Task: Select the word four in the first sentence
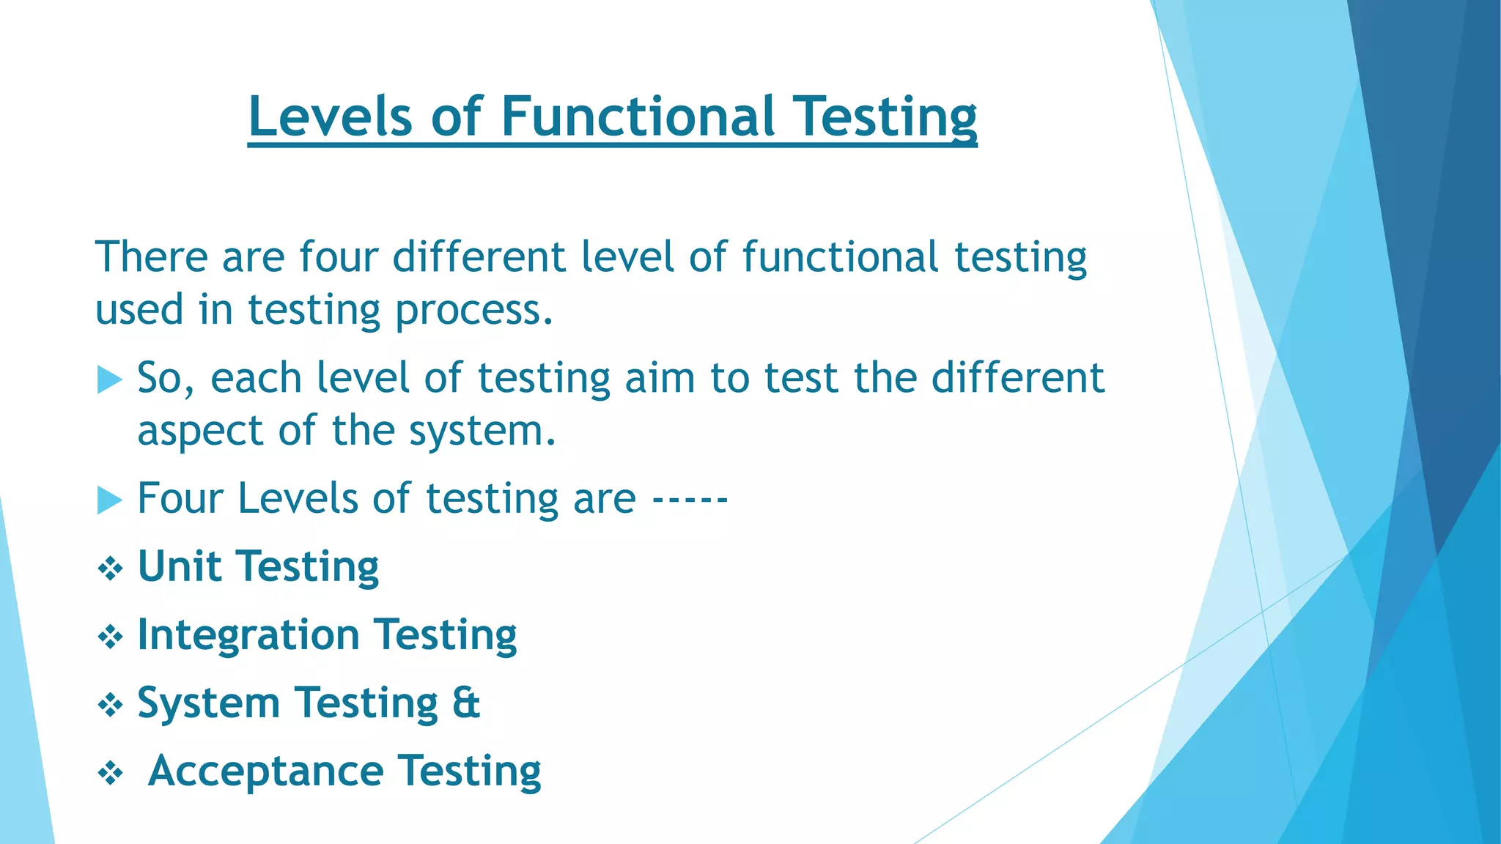pos(338,257)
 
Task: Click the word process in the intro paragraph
pos(473,311)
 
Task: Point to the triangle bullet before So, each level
pos(109,380)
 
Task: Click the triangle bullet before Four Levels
pos(109,501)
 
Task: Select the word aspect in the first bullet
pos(199,432)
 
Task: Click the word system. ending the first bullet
pos(482,432)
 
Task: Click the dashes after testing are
pos(690,500)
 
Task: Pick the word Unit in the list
pos(179,566)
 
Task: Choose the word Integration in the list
pos(248,634)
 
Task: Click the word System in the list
pos(208,703)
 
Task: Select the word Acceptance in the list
pos(265,771)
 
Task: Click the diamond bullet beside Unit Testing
pos(110,569)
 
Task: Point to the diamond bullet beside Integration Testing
pos(110,637)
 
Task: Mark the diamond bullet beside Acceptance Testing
pos(110,774)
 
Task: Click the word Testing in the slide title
pos(886,117)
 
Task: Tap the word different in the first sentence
pos(478,257)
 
